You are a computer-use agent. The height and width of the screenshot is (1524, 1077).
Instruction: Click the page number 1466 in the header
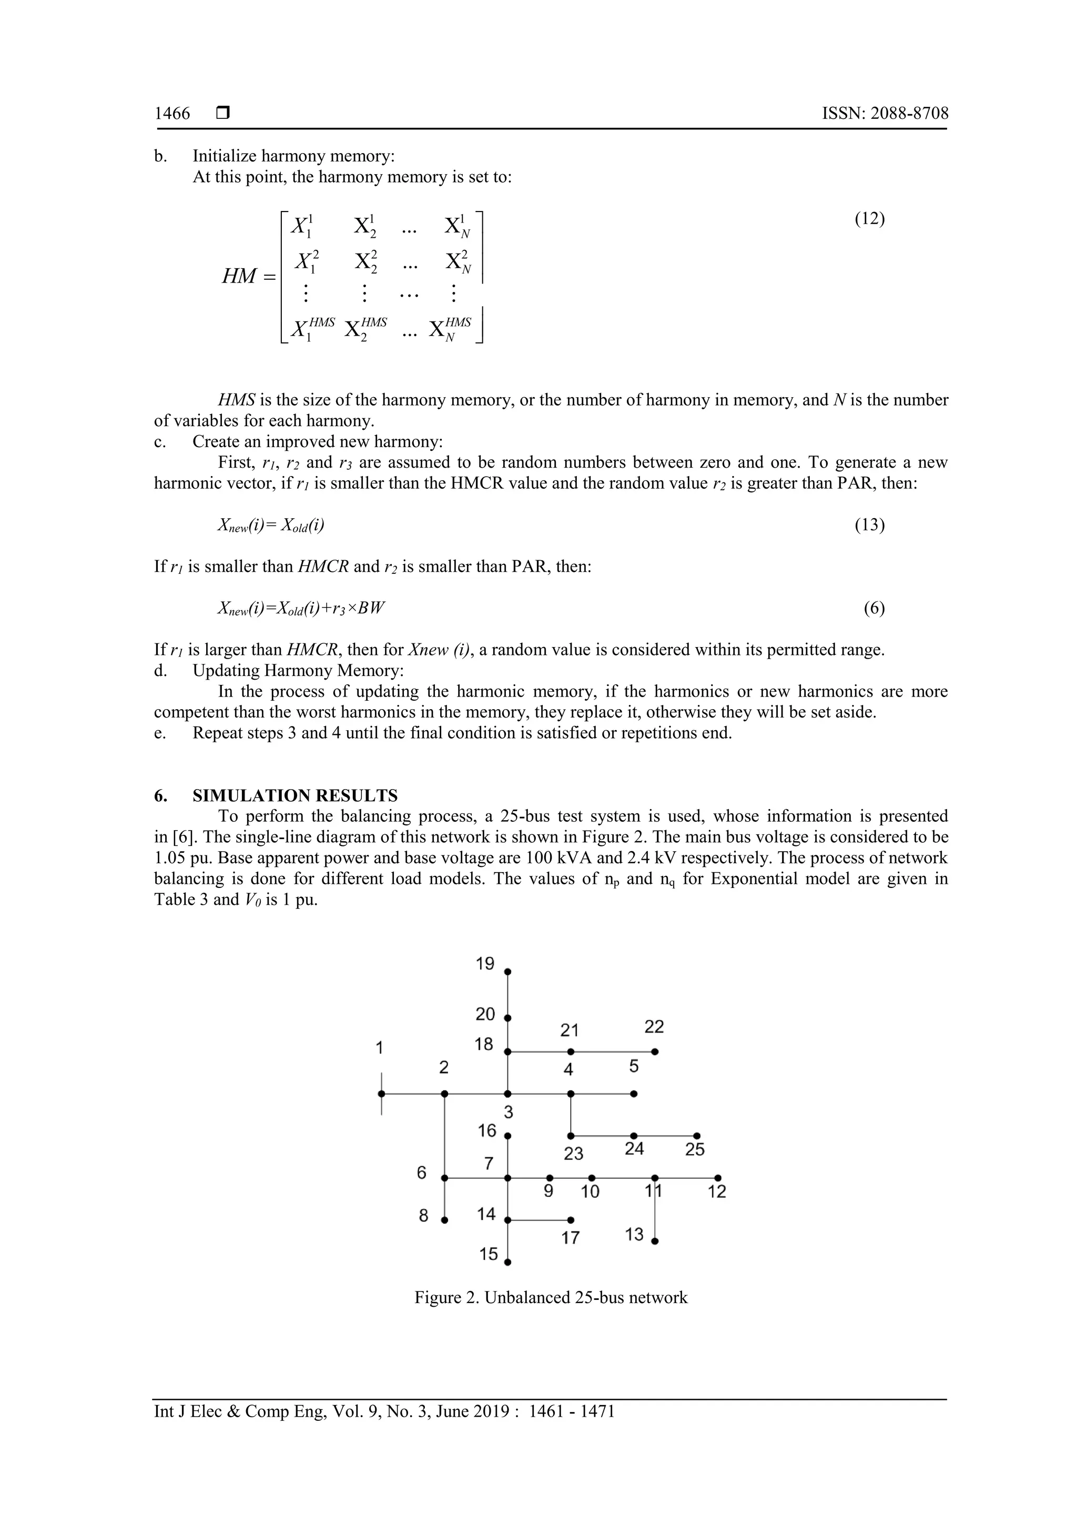pyautogui.click(x=172, y=114)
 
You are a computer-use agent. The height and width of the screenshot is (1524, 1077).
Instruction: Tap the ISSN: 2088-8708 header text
pyautogui.click(x=885, y=114)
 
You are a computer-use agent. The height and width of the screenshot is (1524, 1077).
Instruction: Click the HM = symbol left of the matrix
pyautogui.click(x=248, y=276)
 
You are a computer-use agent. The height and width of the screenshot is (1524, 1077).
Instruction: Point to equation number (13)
pyautogui.click(x=869, y=525)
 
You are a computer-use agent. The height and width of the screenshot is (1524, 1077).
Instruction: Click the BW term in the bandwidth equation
pyautogui.click(x=371, y=608)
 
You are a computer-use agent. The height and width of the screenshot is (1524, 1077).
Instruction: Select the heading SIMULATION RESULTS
pyautogui.click(x=294, y=795)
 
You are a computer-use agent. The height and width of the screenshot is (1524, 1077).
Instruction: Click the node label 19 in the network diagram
pyautogui.click(x=485, y=964)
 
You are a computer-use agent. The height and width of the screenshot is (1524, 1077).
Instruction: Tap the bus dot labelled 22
pyautogui.click(x=654, y=1052)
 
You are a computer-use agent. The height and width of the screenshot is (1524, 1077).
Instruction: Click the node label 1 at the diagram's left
pyautogui.click(x=380, y=1048)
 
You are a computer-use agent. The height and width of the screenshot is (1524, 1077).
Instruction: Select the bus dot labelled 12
pyautogui.click(x=718, y=1178)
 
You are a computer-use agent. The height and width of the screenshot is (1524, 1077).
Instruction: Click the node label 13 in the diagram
pyautogui.click(x=634, y=1235)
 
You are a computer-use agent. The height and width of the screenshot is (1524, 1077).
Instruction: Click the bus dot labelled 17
pyautogui.click(x=571, y=1220)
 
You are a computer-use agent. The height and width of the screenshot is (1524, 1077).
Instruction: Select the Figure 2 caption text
pyautogui.click(x=551, y=1298)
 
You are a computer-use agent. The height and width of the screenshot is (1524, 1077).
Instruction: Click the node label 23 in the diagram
pyautogui.click(x=573, y=1154)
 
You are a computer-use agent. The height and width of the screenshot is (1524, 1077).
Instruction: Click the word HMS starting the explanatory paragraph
pyautogui.click(x=236, y=400)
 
